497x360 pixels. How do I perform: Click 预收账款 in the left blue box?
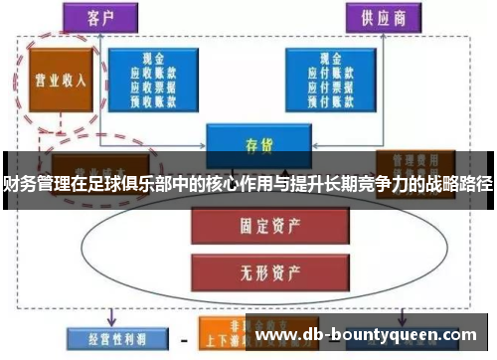click(x=154, y=98)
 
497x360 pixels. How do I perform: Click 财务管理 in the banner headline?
click(x=27, y=184)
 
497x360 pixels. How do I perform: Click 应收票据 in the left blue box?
click(x=154, y=86)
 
